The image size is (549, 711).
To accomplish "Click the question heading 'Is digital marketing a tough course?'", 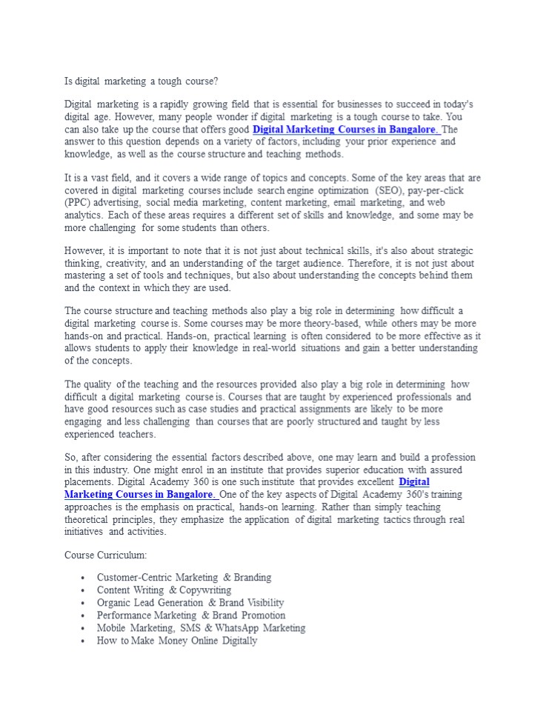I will pos(141,80).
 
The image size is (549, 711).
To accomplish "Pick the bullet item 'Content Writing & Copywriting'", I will pos(164,590).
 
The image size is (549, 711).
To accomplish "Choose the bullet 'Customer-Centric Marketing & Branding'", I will pos(184,578).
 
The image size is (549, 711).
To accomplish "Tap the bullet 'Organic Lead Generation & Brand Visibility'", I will pos(190,603).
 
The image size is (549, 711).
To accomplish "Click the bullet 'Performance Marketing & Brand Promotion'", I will pos(190,615).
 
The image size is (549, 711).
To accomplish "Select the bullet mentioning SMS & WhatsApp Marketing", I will pos(201,628).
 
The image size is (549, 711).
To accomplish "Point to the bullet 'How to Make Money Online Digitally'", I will pos(176,641).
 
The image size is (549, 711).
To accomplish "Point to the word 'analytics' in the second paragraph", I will pos(86,216).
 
